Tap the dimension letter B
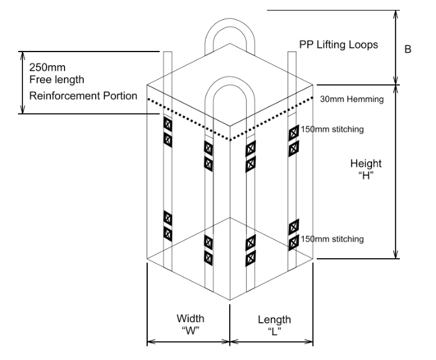407,49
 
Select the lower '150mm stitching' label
332,238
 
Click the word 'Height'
366,163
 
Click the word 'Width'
189,318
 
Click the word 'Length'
274,320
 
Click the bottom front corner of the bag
230,300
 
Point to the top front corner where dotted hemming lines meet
230,140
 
